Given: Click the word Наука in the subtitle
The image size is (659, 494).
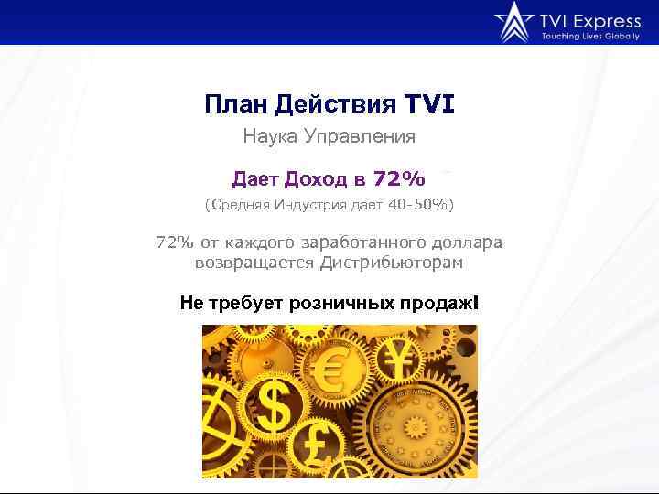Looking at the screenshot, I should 268,137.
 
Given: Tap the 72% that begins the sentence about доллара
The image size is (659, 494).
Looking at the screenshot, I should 174,242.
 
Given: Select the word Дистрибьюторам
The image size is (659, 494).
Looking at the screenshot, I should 391,263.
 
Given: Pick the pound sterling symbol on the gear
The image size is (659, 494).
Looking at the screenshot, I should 325,444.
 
